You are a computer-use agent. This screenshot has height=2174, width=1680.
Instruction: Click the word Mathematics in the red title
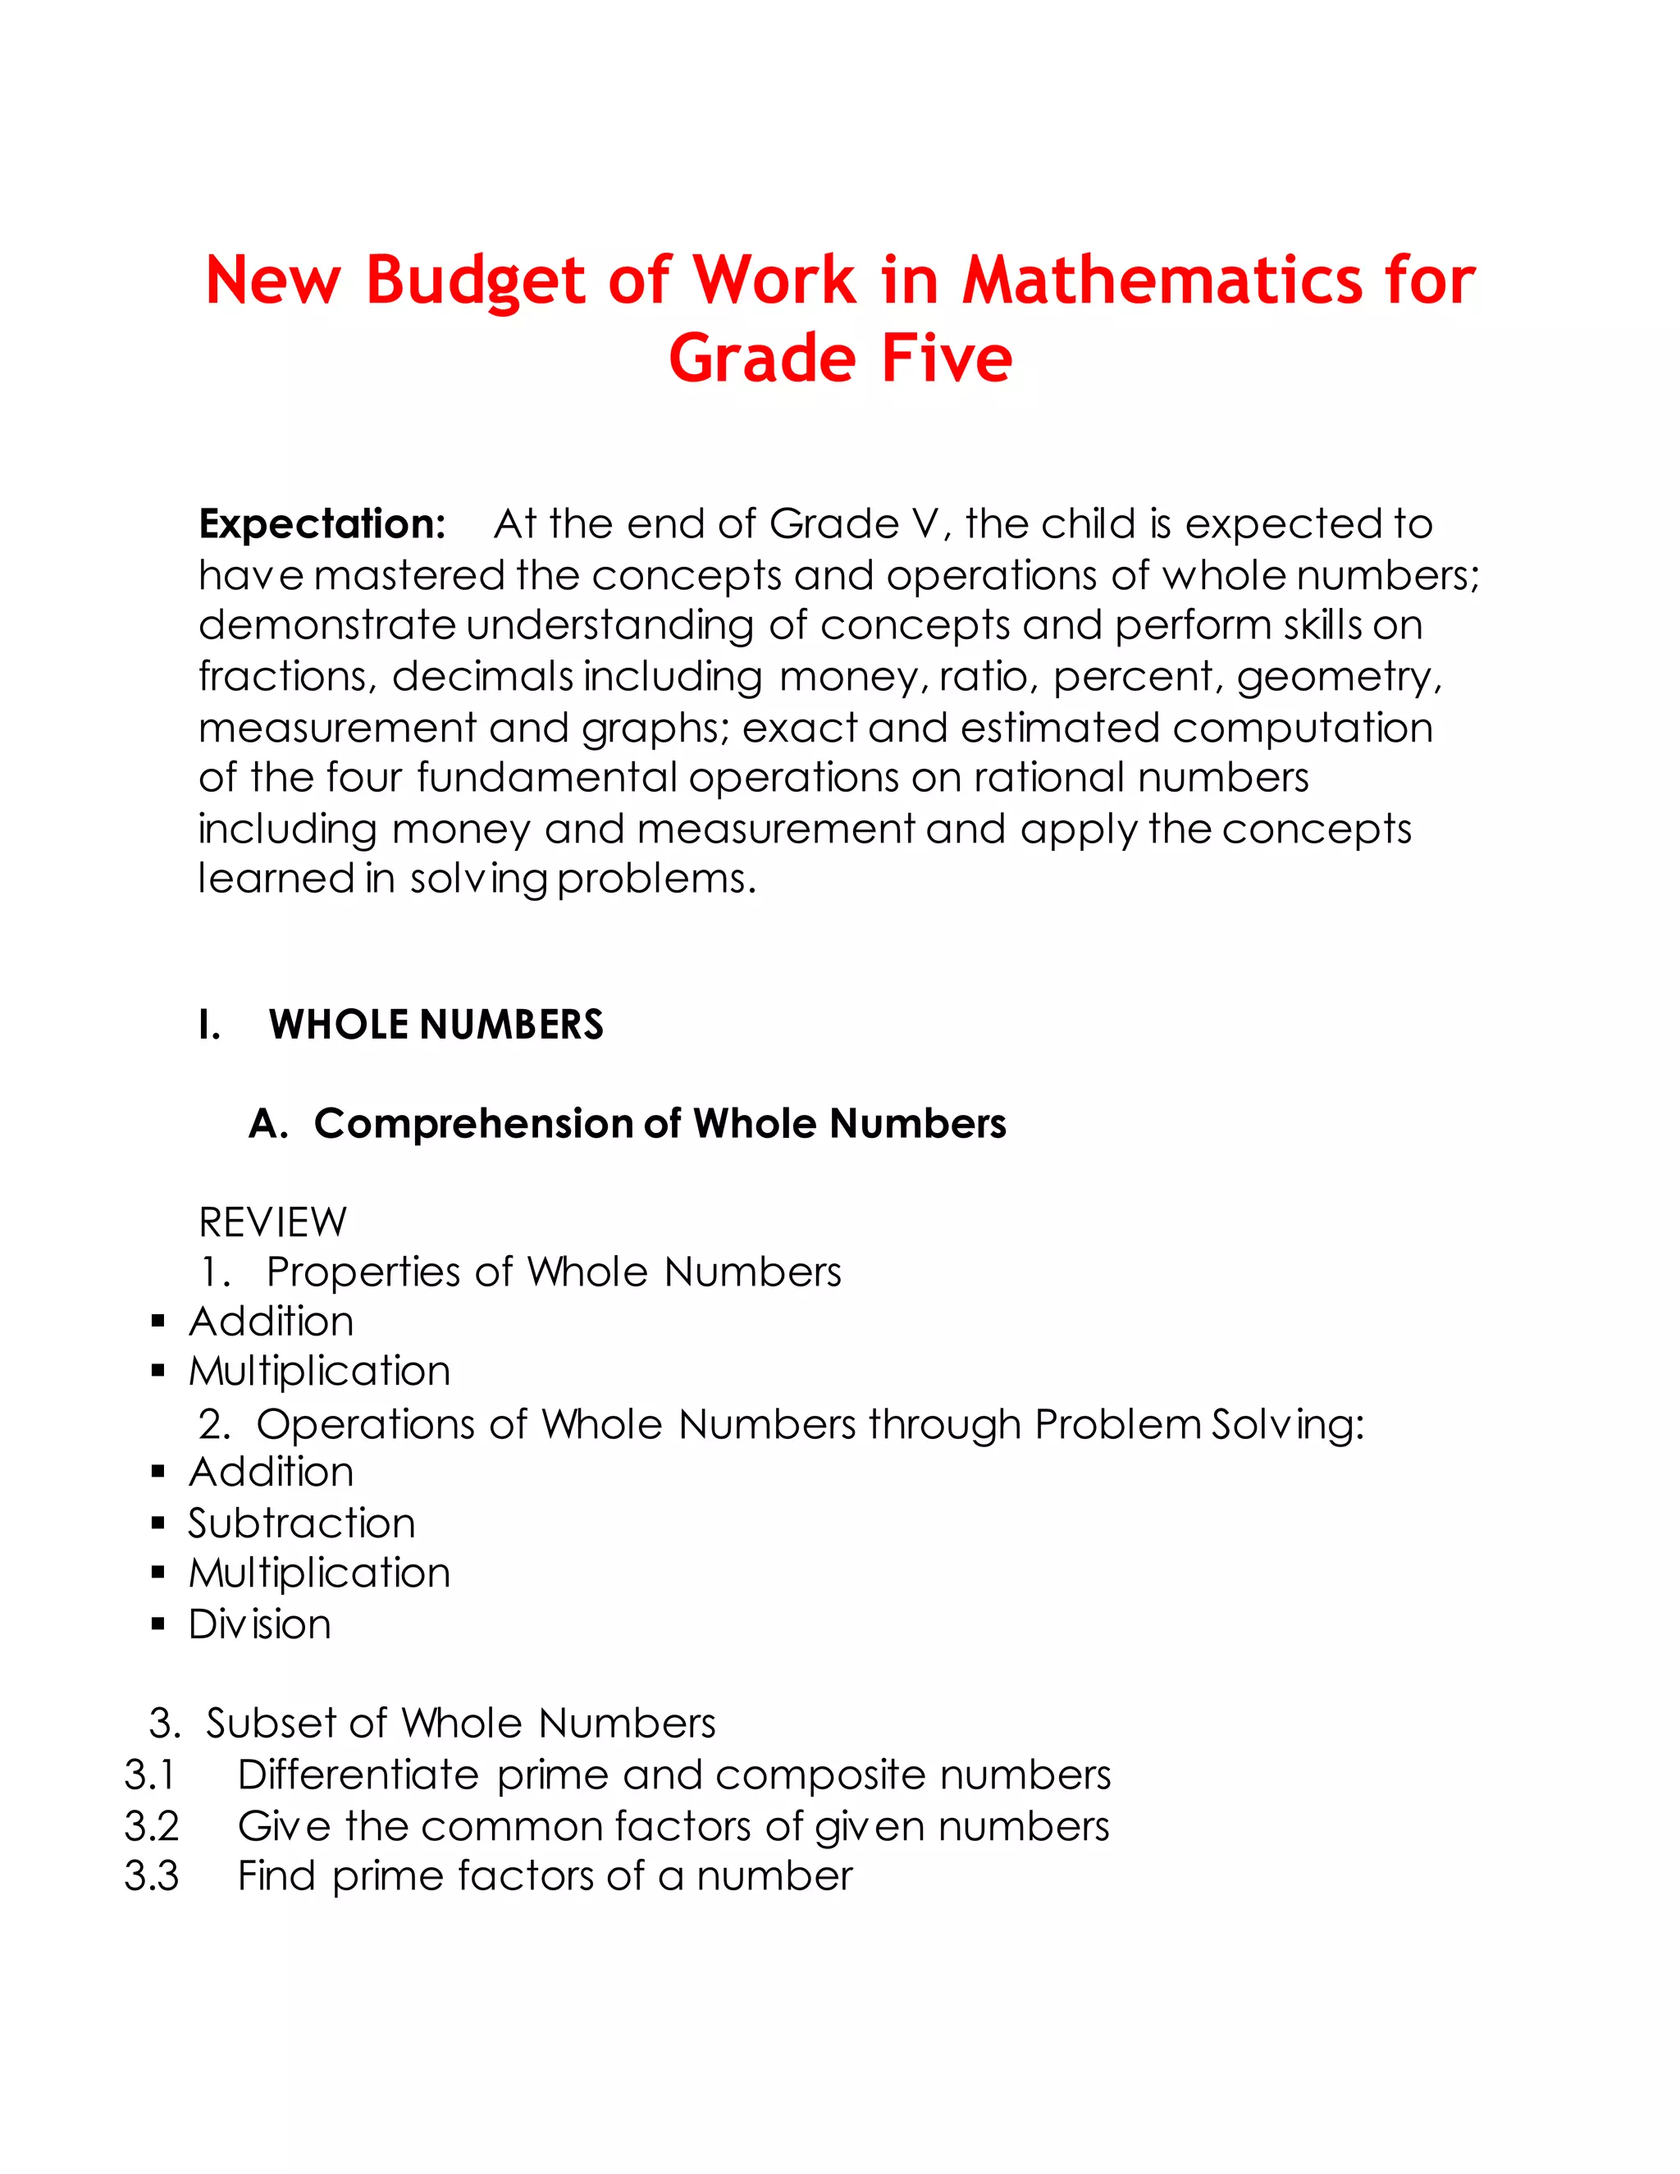coord(1162,281)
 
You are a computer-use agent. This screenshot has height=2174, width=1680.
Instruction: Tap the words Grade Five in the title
coord(840,359)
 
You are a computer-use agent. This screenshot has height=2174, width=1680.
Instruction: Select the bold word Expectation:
coord(322,524)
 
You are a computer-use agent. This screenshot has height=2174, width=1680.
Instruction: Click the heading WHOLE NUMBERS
coord(436,1025)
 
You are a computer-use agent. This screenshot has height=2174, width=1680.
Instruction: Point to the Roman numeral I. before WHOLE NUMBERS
coord(209,1025)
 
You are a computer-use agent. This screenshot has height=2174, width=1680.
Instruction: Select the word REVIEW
coord(272,1222)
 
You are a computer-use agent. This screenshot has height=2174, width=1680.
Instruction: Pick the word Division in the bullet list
coord(260,1624)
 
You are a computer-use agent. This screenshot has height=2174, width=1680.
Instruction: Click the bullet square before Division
coord(158,1624)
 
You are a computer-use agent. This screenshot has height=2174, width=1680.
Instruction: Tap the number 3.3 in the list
coord(151,1876)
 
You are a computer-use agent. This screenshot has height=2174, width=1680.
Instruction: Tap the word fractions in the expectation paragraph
coord(286,677)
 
